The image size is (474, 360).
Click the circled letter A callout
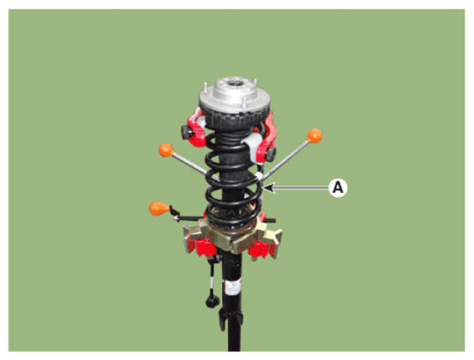click(x=338, y=187)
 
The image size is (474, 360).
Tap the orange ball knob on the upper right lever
click(x=315, y=136)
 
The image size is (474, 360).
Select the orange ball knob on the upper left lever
click(x=166, y=151)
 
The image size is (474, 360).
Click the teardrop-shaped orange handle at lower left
click(x=159, y=209)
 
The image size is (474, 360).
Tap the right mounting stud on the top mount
click(x=255, y=84)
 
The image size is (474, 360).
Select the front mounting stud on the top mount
click(x=244, y=102)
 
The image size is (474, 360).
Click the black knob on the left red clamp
click(x=187, y=132)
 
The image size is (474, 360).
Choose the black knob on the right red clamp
click(x=270, y=154)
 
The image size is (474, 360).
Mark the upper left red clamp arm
click(x=196, y=127)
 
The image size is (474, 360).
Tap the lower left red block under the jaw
click(x=202, y=246)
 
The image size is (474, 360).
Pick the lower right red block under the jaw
click(x=259, y=250)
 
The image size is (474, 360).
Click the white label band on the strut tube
click(x=233, y=287)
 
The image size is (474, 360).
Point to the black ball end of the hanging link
click(x=212, y=301)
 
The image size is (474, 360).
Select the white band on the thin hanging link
click(x=211, y=283)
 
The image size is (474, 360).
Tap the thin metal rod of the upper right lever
click(x=285, y=159)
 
